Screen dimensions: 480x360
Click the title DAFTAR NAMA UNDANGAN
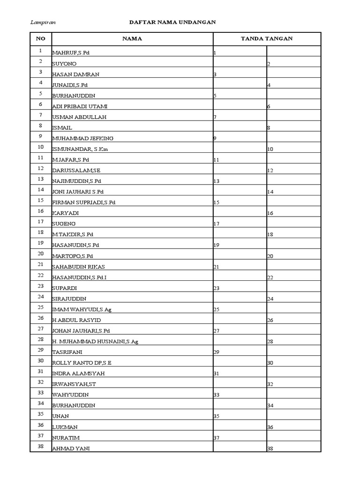click(x=172, y=22)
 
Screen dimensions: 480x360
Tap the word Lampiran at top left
click(x=41, y=22)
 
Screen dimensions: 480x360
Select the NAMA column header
click(x=132, y=39)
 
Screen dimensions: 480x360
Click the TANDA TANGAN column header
click(x=266, y=39)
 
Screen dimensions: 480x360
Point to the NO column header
click(x=41, y=39)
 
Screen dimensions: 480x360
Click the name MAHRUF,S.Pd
click(x=71, y=53)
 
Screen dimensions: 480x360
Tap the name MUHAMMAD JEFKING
click(x=82, y=138)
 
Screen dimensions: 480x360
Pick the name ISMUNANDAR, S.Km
click(x=80, y=149)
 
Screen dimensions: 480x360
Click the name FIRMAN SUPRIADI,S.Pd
click(x=83, y=202)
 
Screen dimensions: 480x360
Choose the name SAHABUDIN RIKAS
click(x=78, y=267)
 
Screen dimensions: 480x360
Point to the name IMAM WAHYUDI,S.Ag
click(x=82, y=309)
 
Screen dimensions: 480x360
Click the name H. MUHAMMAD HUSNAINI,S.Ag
click(x=95, y=342)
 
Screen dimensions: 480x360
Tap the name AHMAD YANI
click(x=71, y=449)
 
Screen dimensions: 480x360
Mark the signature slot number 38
click(x=270, y=449)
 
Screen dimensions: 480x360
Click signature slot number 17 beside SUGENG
click(x=217, y=224)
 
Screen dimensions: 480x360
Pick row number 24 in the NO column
click(x=41, y=297)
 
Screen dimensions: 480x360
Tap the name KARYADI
click(x=65, y=213)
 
